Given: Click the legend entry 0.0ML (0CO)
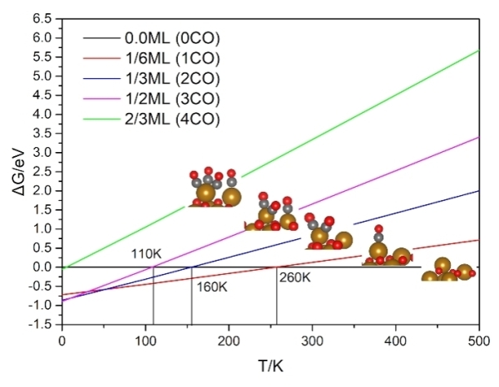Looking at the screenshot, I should pyautogui.click(x=172, y=37).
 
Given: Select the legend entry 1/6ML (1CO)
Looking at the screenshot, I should pyautogui.click(x=172, y=57).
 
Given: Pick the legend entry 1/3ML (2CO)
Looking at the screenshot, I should pyautogui.click(x=172, y=77).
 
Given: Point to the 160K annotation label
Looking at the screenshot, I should pyautogui.click(x=212, y=287).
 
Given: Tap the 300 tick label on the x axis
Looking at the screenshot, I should pyautogui.click(x=313, y=340).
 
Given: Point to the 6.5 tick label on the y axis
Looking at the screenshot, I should pyautogui.click(x=42, y=17).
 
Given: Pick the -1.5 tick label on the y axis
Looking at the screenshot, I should pyautogui.click(x=41, y=324).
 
